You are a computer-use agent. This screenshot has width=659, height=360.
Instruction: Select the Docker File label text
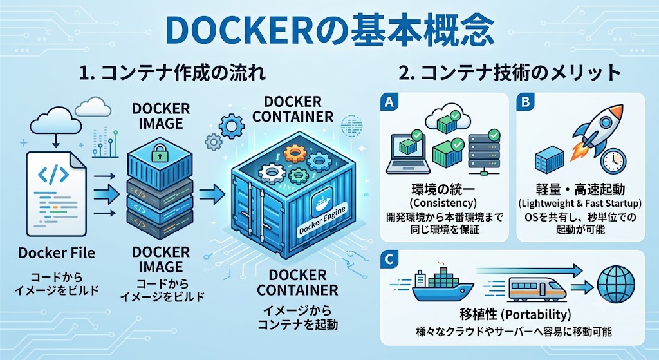point(57,252)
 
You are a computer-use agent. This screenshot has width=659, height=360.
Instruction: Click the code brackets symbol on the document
point(53,175)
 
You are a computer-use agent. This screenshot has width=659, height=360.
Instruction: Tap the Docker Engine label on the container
point(322,221)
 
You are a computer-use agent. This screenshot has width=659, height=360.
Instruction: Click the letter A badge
point(389,102)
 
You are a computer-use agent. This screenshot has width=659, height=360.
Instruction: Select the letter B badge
point(525,102)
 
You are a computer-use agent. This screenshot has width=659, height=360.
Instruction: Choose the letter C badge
point(389,260)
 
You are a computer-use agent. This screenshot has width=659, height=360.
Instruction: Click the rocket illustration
point(596,133)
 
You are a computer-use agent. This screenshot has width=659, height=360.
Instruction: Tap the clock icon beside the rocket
point(613,161)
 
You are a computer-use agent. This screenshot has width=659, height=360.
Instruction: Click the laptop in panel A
point(408,153)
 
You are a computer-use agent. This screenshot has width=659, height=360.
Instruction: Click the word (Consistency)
point(443,203)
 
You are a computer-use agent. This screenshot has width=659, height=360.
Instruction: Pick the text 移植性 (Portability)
point(515,314)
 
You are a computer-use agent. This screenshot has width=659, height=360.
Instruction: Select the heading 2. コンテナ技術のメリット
point(510,73)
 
